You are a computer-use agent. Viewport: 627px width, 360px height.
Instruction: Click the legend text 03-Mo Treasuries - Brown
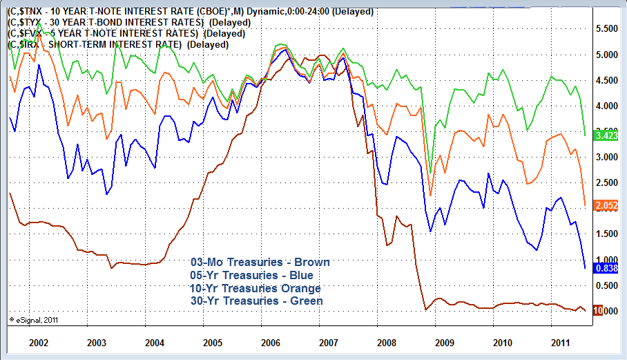[260, 263]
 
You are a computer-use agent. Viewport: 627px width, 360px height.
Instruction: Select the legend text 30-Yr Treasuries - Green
[256, 301]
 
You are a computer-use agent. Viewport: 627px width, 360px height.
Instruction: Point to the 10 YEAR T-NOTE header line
[191, 12]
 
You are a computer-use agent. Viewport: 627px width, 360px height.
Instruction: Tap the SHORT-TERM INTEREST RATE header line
[117, 44]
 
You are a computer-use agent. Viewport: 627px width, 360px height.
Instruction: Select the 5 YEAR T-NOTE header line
[124, 34]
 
